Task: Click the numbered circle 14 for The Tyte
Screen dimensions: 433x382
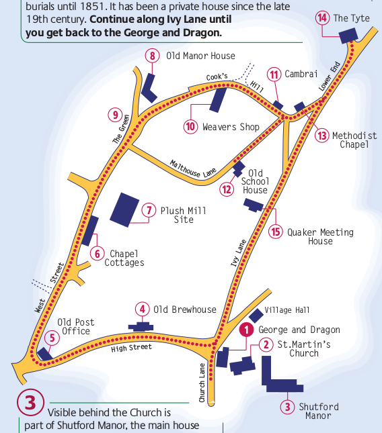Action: (x=323, y=18)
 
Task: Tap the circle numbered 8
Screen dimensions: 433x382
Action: (x=153, y=56)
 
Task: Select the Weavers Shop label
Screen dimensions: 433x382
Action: (x=231, y=126)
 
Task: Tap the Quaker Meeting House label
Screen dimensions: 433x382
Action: (x=320, y=236)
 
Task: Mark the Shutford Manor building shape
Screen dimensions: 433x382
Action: (x=276, y=377)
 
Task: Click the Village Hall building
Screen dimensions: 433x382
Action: (x=256, y=315)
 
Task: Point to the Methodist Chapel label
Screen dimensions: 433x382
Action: (x=354, y=140)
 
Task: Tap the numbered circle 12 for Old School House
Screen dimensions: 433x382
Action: (x=227, y=189)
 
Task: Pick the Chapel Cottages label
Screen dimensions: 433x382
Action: (x=124, y=258)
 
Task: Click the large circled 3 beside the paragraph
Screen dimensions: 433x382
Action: (x=31, y=404)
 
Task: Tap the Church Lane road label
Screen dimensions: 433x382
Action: (x=202, y=383)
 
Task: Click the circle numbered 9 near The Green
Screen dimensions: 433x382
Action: (x=114, y=114)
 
